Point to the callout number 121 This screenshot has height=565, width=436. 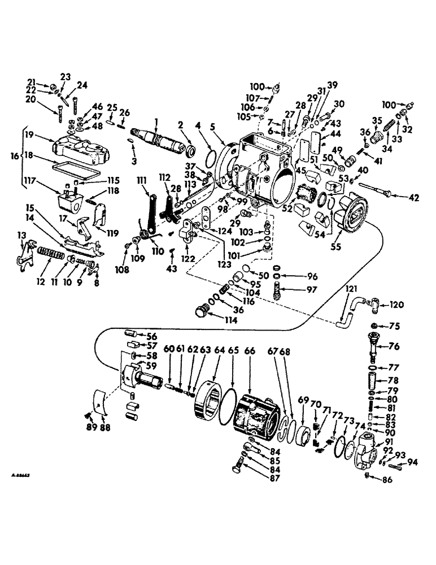pyautogui.click(x=351, y=289)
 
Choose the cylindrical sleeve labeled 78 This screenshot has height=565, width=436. pyautogui.click(x=373, y=379)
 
